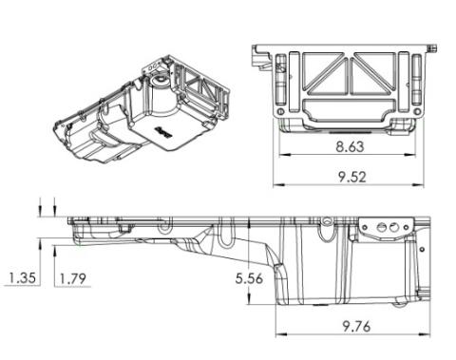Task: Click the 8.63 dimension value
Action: pos(350,147)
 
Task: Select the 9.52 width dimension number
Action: pos(351,177)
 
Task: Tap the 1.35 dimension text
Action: pos(22,278)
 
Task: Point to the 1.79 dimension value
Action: pos(73,278)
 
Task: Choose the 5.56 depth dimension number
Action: pos(249,278)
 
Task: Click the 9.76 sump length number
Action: pos(356,327)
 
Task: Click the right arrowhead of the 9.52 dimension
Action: pos(417,184)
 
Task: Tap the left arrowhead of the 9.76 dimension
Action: pos(281,334)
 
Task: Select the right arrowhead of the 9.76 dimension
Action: pos(425,334)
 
